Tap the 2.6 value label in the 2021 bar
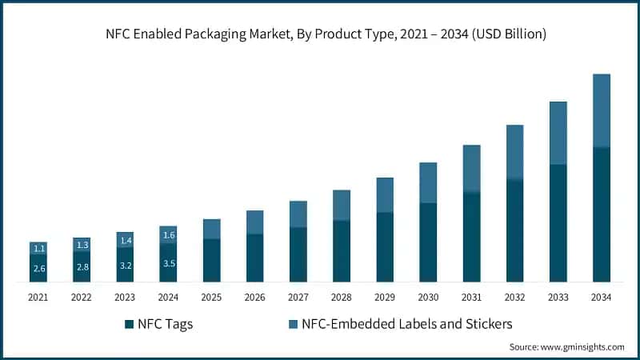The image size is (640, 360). click(x=38, y=268)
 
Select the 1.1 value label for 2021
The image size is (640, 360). click(x=38, y=248)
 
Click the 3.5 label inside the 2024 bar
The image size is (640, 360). click(x=168, y=262)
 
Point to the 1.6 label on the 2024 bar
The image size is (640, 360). click(x=168, y=234)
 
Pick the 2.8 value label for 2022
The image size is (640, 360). click(x=82, y=266)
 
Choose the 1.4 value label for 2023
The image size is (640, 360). click(x=125, y=240)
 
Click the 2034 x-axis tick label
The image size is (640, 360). click(x=601, y=297)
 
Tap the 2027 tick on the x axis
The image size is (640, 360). click(x=298, y=297)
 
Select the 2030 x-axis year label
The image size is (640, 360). click(x=428, y=297)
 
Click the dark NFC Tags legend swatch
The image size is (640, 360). click(x=129, y=325)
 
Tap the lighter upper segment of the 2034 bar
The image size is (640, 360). click(x=601, y=110)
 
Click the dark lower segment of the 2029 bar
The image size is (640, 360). click(x=385, y=247)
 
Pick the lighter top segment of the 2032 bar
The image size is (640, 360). click(x=514, y=152)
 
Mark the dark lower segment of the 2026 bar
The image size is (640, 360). click(x=254, y=258)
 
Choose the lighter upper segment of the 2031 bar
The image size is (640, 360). click(x=471, y=169)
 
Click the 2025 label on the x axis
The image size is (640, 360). click(x=211, y=297)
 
